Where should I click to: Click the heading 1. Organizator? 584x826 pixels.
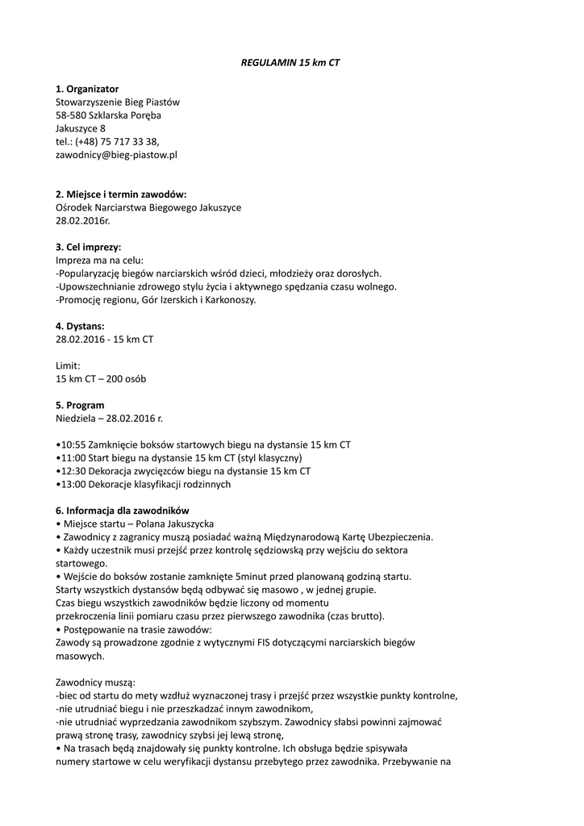[x=87, y=89]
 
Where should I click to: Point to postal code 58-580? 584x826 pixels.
[x=70, y=115]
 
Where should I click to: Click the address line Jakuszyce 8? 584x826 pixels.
[x=81, y=128]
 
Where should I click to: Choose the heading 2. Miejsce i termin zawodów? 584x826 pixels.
[x=121, y=194]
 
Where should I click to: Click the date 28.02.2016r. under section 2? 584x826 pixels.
[x=82, y=220]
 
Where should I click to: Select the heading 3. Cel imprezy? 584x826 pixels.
[x=89, y=248]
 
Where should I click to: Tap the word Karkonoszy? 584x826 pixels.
[x=232, y=300]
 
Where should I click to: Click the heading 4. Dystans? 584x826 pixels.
[x=80, y=327]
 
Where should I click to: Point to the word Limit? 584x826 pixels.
[x=68, y=365]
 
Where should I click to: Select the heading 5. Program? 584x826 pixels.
[x=80, y=405]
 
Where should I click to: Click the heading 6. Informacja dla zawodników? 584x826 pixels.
[x=122, y=511]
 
